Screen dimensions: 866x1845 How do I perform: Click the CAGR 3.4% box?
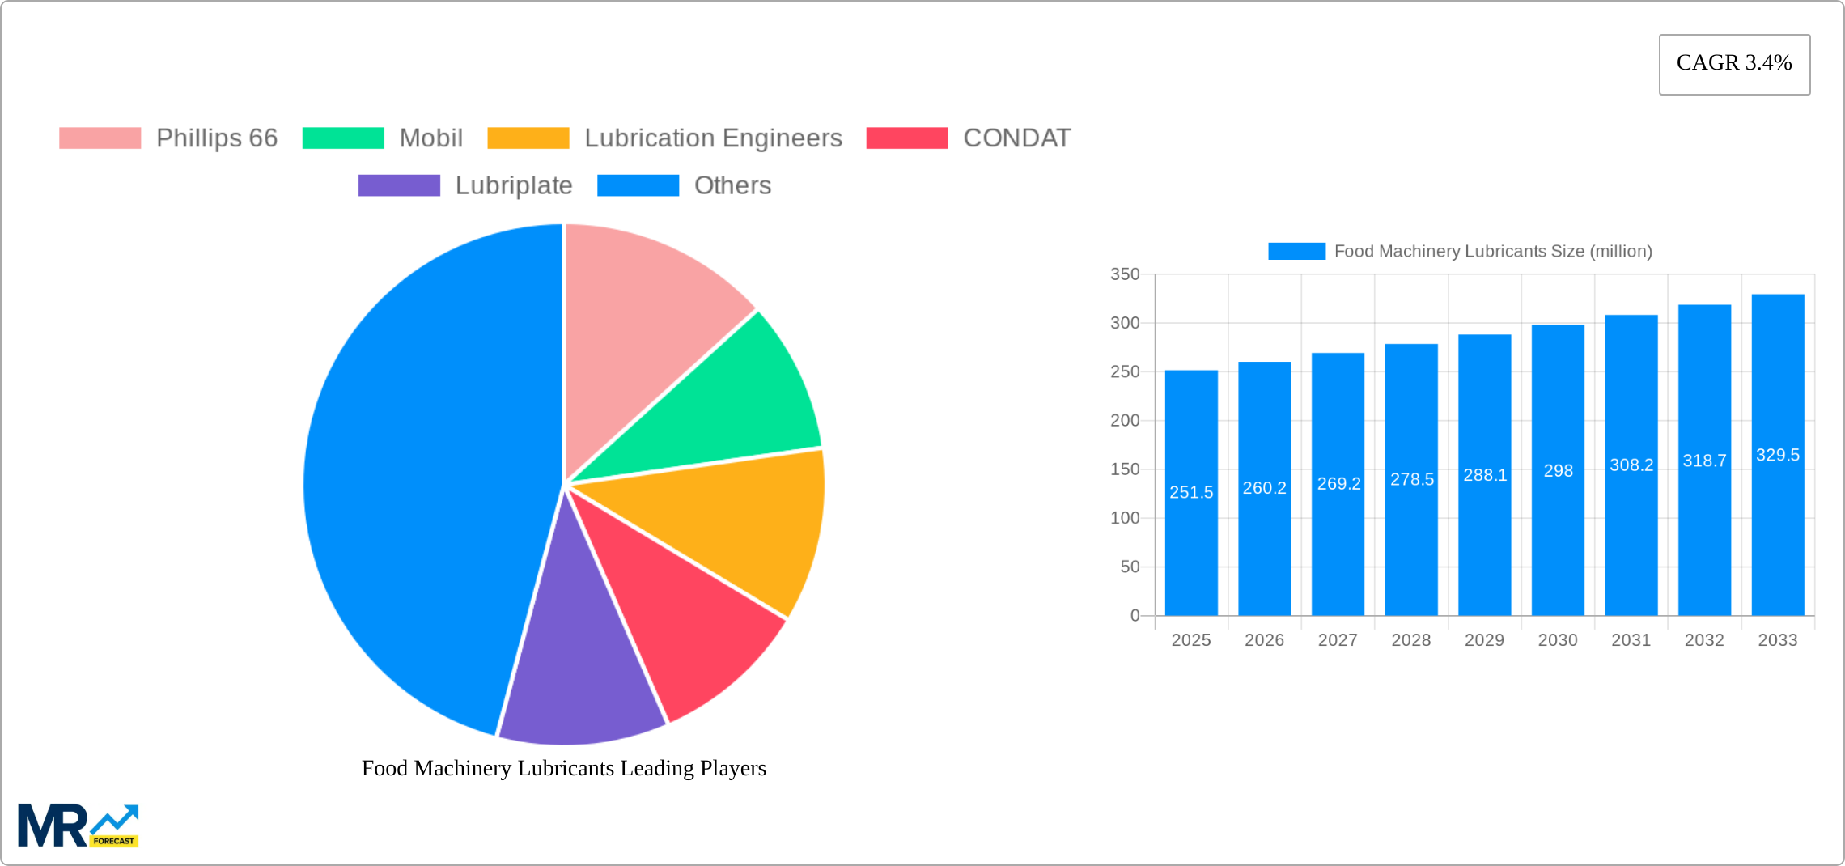tap(1734, 64)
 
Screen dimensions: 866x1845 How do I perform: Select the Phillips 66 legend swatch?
tap(100, 138)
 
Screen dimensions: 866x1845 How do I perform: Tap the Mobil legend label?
tap(430, 138)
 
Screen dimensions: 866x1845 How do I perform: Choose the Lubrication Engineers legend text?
tap(713, 138)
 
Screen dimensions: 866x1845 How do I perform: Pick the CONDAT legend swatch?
tap(906, 138)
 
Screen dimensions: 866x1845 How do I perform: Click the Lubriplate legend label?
tap(513, 185)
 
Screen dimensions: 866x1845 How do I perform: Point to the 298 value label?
tap(1558, 471)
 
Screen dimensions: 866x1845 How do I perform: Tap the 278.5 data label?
tap(1411, 479)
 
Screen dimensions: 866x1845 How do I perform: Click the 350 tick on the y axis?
tap(1125, 274)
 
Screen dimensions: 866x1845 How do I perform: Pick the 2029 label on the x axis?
tap(1484, 640)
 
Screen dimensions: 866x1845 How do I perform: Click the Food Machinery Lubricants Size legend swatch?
tap(1296, 252)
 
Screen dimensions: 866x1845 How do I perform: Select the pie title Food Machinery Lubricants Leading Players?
tap(563, 768)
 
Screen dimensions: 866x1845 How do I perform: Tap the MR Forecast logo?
tap(78, 825)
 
